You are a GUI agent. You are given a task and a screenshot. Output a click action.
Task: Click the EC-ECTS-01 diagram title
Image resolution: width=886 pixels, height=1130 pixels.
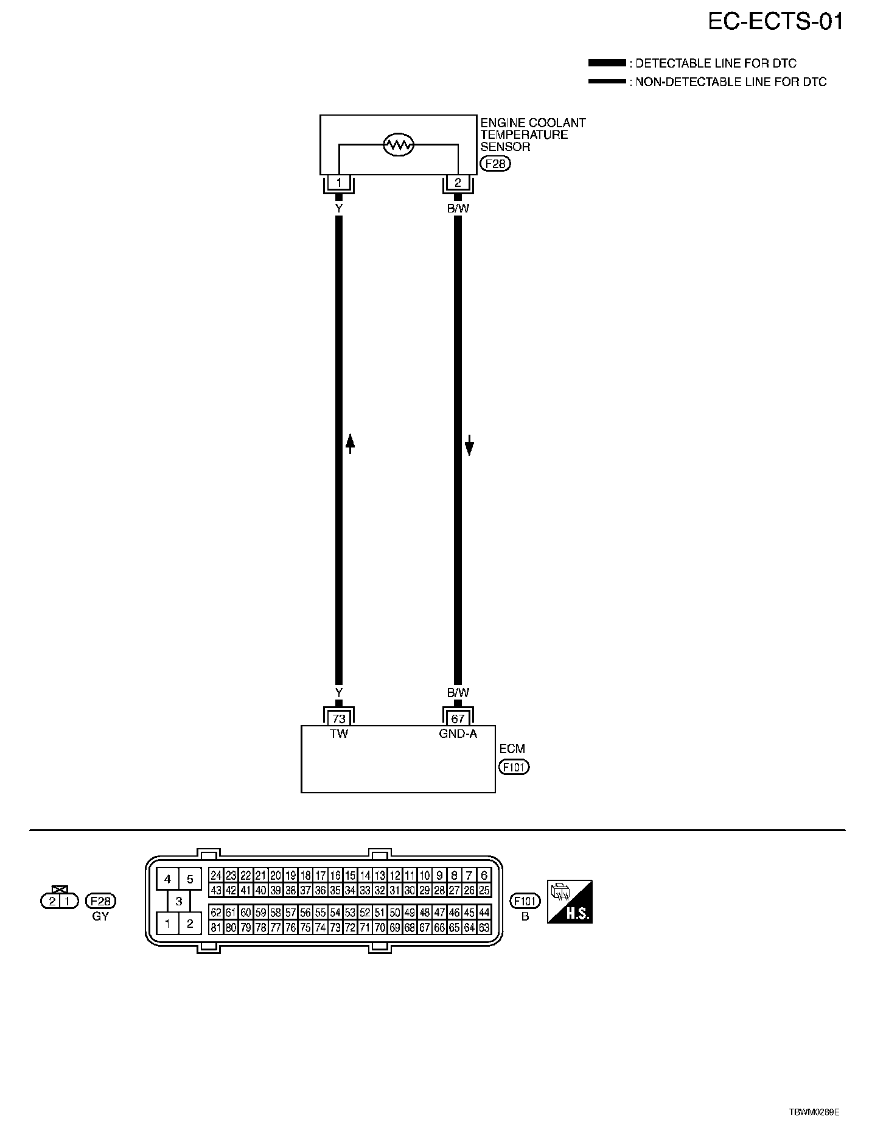click(x=776, y=22)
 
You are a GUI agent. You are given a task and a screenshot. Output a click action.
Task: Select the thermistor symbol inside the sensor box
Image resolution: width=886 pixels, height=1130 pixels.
click(x=399, y=145)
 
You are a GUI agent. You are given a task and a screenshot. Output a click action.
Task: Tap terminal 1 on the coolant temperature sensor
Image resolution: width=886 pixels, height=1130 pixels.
click(x=339, y=182)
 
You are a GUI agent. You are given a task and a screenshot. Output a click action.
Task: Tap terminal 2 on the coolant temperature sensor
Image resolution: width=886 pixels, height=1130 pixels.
click(x=458, y=182)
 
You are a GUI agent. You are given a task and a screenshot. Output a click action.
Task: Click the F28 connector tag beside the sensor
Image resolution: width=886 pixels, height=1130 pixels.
click(x=495, y=164)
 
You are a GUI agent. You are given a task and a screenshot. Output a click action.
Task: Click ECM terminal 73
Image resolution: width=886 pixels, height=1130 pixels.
click(x=339, y=718)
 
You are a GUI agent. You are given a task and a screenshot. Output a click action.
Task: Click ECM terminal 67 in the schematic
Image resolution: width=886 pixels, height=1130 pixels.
click(x=458, y=718)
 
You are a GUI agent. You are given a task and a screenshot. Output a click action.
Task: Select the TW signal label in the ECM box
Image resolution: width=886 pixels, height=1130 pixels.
click(x=339, y=734)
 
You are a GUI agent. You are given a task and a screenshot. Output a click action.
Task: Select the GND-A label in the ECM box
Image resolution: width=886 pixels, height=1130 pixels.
click(x=458, y=734)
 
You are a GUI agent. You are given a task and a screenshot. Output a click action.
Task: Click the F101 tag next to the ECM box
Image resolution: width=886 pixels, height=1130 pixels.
click(x=514, y=767)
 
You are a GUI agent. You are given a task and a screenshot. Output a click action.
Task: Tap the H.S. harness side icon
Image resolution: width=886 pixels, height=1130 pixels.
click(x=570, y=902)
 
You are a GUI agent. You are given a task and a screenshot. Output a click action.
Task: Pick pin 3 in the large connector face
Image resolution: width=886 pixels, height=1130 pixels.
click(x=178, y=902)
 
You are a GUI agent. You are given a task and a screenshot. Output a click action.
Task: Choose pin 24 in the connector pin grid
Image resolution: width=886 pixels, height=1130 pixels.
click(x=215, y=876)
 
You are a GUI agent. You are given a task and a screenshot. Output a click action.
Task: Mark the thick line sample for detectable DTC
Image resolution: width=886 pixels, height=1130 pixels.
click(x=607, y=63)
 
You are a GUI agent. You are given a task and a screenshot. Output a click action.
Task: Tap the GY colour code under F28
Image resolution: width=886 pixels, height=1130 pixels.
click(x=100, y=916)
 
